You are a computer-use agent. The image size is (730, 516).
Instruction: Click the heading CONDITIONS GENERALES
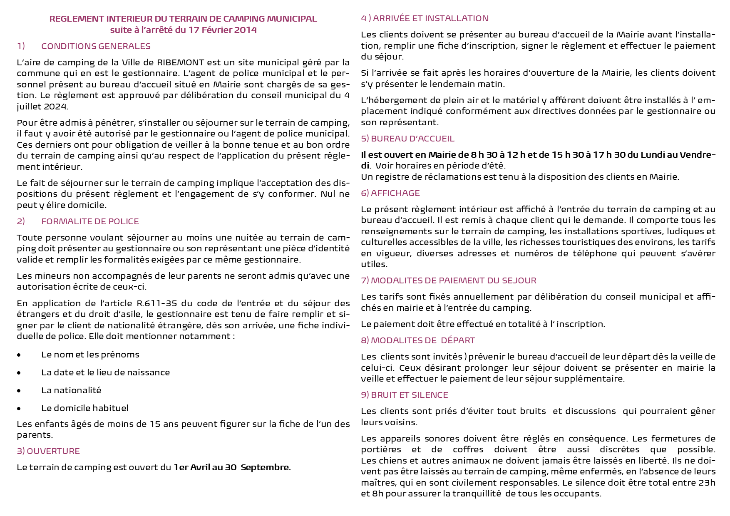pyautogui.click(x=96, y=46)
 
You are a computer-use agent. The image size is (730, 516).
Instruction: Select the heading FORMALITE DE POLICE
pyautogui.click(x=90, y=221)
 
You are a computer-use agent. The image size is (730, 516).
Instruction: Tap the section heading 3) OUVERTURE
pyautogui.click(x=48, y=451)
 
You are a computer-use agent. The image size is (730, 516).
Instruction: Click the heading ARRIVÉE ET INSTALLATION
pyautogui.click(x=431, y=18)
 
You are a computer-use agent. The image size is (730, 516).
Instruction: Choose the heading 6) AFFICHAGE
pyautogui.click(x=390, y=193)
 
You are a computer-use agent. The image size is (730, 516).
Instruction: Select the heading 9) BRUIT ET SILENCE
pyautogui.click(x=405, y=395)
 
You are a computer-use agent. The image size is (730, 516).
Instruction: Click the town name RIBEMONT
pyautogui.click(x=181, y=62)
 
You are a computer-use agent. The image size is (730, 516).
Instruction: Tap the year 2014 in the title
pyautogui.click(x=245, y=30)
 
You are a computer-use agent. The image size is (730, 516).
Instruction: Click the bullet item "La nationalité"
pyautogui.click(x=71, y=390)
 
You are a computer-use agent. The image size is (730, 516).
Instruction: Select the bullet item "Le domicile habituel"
pyautogui.click(x=84, y=408)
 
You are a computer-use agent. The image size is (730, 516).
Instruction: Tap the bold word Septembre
pyautogui.click(x=265, y=467)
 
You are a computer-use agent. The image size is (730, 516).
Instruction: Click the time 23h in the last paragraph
pyautogui.click(x=707, y=483)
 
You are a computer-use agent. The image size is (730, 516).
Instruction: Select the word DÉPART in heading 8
pyautogui.click(x=458, y=340)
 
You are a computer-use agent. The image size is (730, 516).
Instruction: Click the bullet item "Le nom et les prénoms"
pyautogui.click(x=90, y=355)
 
